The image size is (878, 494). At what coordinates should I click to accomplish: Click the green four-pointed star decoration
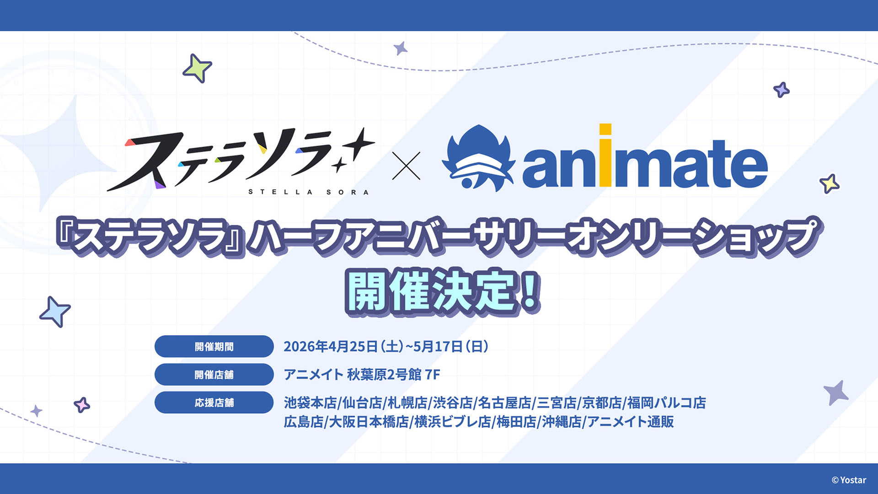(197, 69)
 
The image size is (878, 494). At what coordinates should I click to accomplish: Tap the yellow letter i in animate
(605, 155)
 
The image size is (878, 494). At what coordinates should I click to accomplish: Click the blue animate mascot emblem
(478, 158)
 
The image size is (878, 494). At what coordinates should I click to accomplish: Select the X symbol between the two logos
(406, 166)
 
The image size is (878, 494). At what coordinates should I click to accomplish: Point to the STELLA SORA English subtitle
(308, 192)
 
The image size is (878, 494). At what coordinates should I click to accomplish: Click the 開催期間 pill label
(214, 346)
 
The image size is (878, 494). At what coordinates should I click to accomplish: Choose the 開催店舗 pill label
(214, 375)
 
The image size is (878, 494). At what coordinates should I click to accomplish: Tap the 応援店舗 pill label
(214, 403)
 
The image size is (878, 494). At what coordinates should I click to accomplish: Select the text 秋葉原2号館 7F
(393, 375)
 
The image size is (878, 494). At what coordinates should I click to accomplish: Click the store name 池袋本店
(310, 403)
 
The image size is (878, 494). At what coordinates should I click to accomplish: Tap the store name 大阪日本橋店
(369, 421)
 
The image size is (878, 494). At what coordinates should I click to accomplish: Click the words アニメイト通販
(631, 421)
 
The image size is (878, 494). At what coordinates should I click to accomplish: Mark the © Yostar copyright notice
(849, 480)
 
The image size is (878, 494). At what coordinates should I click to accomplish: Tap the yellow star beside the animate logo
(829, 183)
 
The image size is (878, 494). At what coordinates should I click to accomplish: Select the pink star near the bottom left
(82, 405)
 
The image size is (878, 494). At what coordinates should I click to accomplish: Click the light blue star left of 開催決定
(55, 311)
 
